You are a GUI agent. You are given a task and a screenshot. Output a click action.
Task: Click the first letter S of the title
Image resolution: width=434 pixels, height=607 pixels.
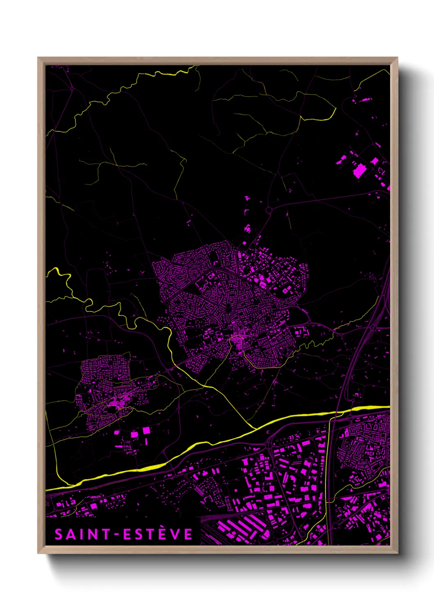(59, 534)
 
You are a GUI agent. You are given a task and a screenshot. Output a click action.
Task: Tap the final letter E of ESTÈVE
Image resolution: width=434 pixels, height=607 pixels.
(188, 534)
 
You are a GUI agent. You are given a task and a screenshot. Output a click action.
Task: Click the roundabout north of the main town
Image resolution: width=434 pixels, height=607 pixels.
(269, 210)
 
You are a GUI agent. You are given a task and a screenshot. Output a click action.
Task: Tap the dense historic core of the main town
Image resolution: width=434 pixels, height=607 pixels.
(237, 340)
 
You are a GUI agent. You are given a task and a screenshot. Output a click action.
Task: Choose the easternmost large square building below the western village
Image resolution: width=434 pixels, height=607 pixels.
(146, 430)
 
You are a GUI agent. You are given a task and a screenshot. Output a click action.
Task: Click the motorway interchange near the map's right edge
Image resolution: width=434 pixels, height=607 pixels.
(371, 328)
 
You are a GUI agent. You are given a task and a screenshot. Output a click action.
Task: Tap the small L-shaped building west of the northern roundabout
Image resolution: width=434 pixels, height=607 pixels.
(246, 212)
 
